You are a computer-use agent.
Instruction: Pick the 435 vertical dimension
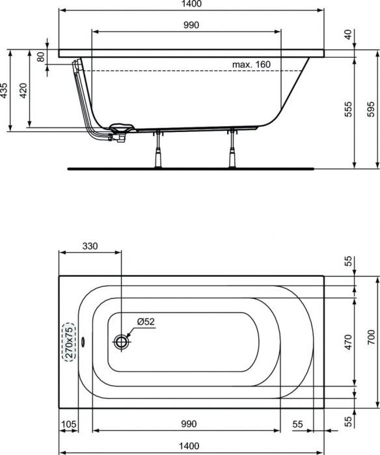(x=5, y=90)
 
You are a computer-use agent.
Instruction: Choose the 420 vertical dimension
(x=23, y=90)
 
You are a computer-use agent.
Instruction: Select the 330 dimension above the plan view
(x=90, y=246)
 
